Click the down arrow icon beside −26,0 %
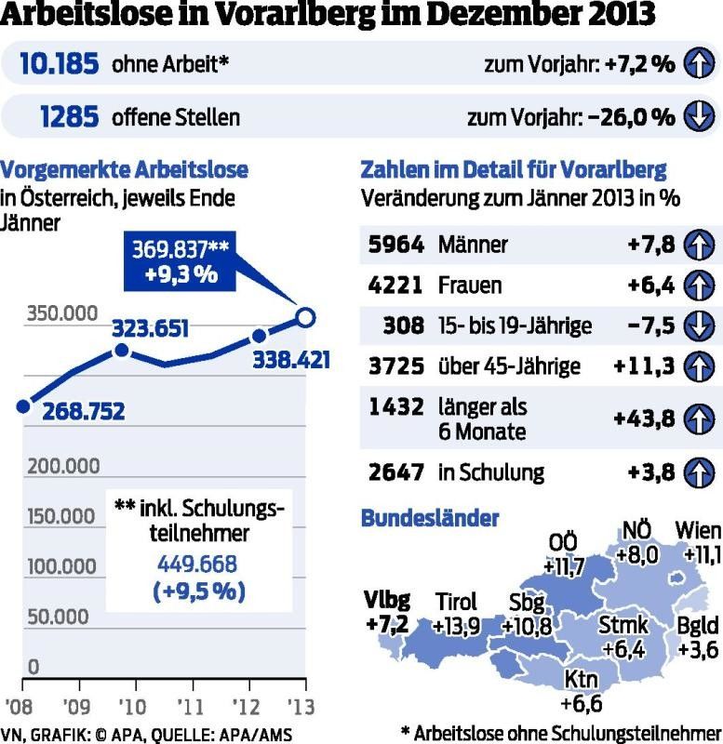pyautogui.click(x=698, y=116)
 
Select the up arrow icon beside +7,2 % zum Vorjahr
pyautogui.click(x=698, y=64)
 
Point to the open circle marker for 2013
pyautogui.click(x=306, y=318)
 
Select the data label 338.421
pyautogui.click(x=290, y=358)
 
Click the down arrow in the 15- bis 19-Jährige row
pyautogui.click(x=698, y=325)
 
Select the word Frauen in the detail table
pyautogui.click(x=469, y=285)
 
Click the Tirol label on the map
pyautogui.click(x=456, y=603)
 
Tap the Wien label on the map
pyautogui.click(x=698, y=531)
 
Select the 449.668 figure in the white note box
pyautogui.click(x=198, y=565)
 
